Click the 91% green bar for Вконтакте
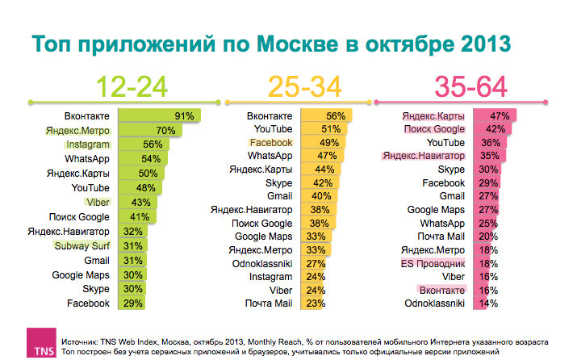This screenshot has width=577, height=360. (158, 116)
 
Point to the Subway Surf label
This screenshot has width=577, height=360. (81, 246)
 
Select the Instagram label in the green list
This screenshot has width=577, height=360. (87, 144)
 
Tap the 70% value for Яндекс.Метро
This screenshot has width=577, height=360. (165, 131)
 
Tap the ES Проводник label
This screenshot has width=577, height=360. (433, 264)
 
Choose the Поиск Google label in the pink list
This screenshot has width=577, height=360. (434, 129)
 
